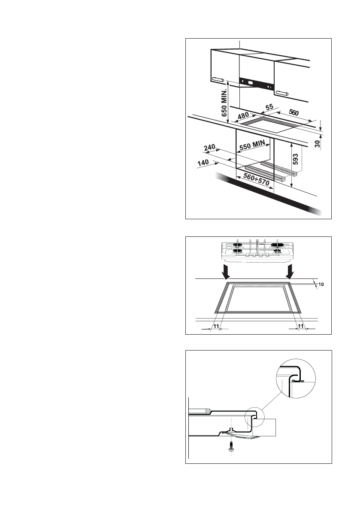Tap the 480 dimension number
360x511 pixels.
click(243, 115)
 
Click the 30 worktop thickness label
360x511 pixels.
click(317, 144)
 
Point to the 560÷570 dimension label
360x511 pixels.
click(256, 179)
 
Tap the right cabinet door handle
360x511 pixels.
click(282, 92)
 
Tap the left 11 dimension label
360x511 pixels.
click(216, 327)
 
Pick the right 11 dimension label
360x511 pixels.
click(301, 327)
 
